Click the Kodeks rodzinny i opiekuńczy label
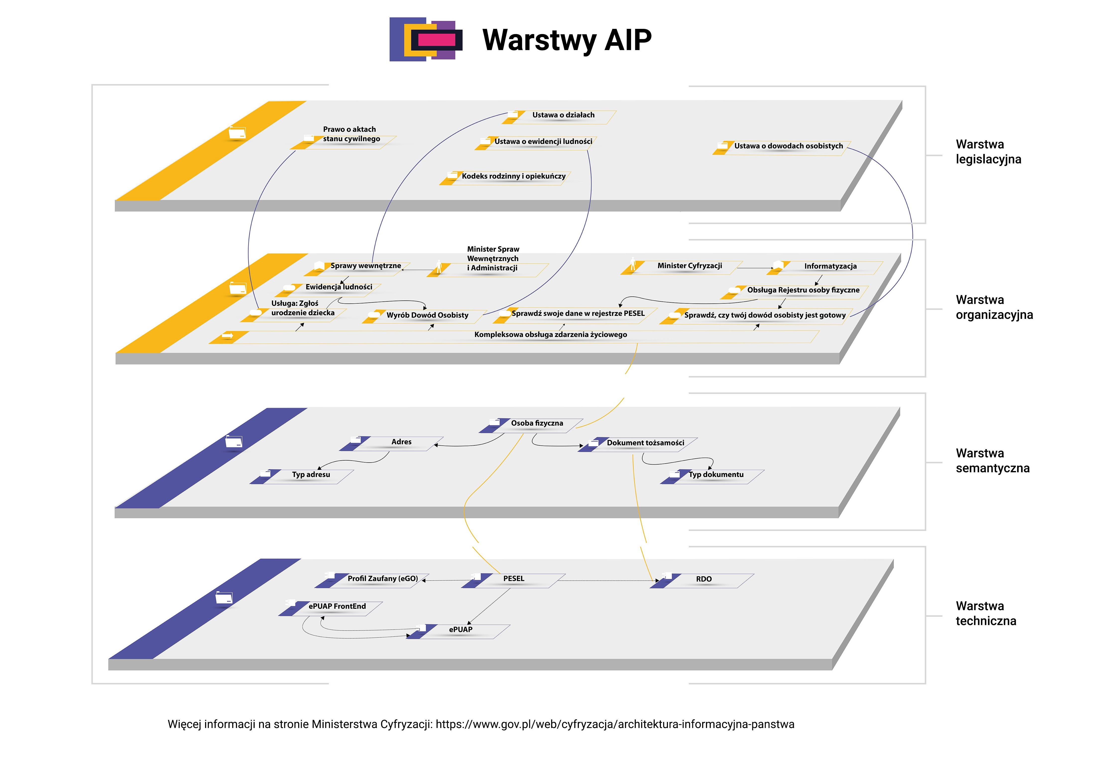(513, 176)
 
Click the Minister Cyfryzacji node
(689, 266)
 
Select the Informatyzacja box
(830, 266)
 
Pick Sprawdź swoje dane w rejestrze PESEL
(578, 314)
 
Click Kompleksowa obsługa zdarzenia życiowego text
(550, 335)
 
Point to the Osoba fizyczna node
(537, 424)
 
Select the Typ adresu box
(311, 475)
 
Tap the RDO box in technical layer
(703, 579)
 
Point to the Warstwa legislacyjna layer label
(988, 152)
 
